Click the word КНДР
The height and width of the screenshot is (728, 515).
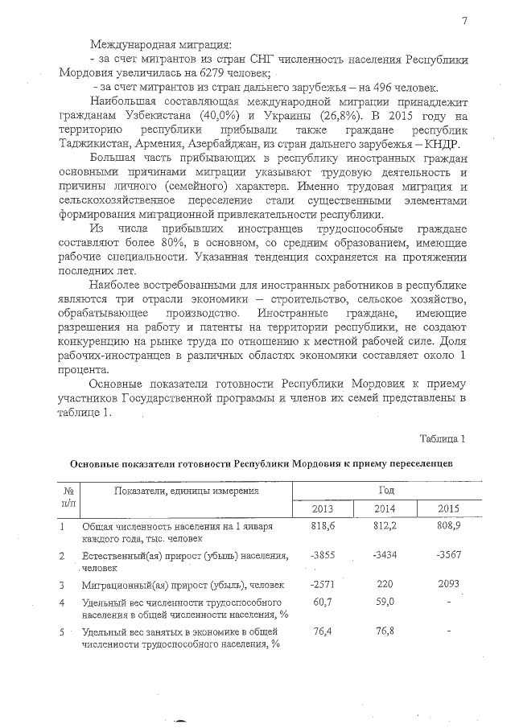[445, 143]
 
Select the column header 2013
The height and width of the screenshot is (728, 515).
[322, 508]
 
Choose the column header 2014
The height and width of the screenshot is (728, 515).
[385, 508]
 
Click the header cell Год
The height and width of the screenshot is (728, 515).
[385, 490]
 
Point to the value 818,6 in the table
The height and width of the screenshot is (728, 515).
[322, 525]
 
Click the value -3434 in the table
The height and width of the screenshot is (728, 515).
[385, 556]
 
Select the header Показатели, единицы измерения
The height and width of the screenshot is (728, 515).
[186, 491]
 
